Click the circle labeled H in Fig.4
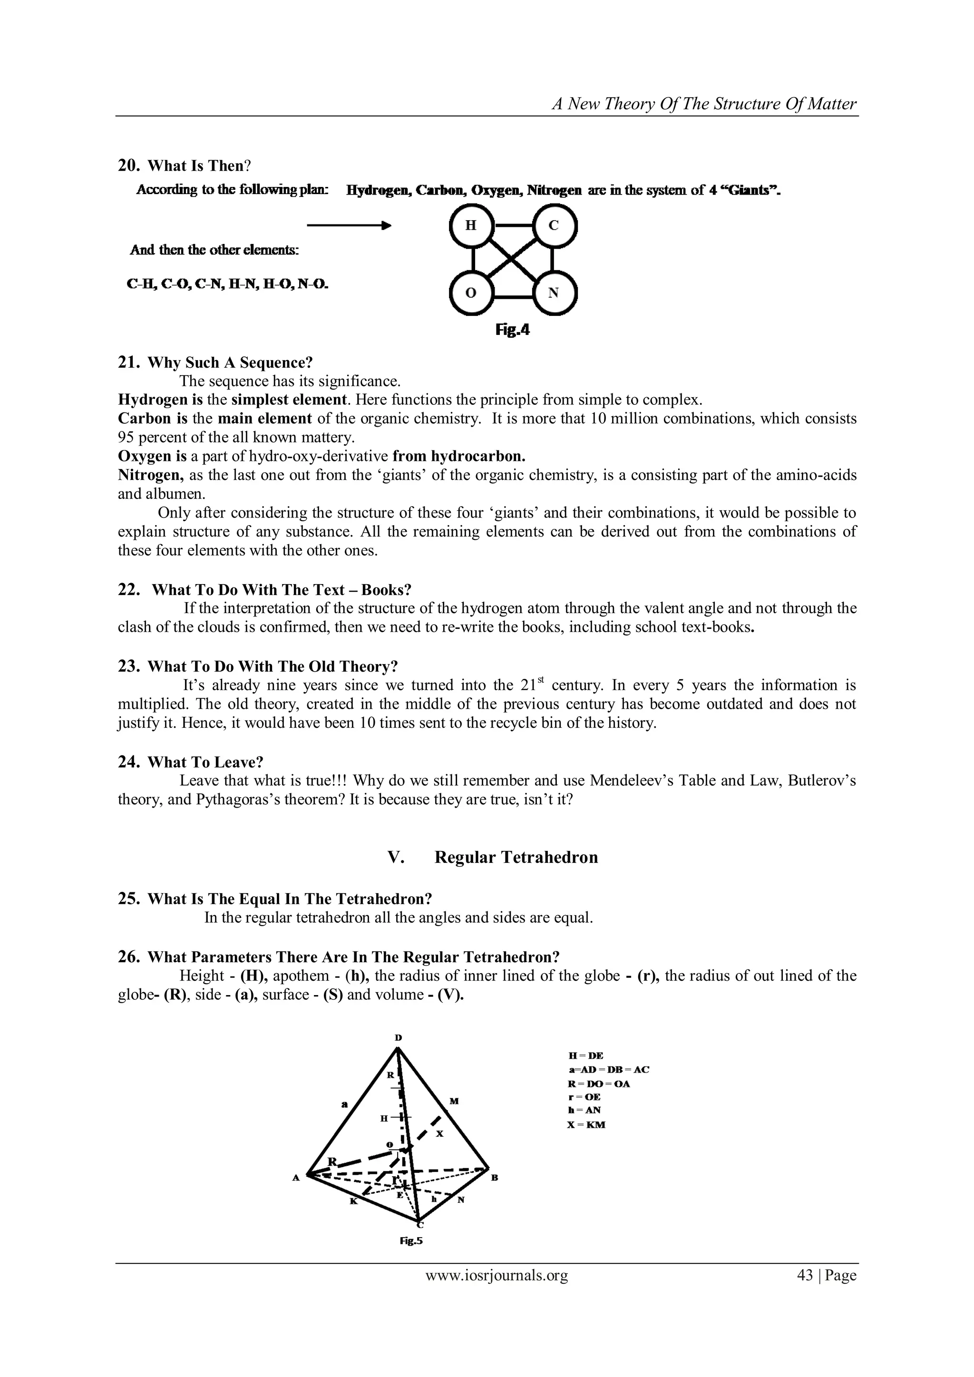[471, 225]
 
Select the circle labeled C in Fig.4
[554, 225]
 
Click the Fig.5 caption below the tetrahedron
[411, 1241]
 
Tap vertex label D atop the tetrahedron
[398, 1037]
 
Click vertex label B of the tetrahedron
[495, 1178]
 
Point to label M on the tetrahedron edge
[454, 1101]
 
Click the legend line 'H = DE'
[586, 1055]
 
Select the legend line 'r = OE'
[584, 1097]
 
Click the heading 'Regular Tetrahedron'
[516, 857]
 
